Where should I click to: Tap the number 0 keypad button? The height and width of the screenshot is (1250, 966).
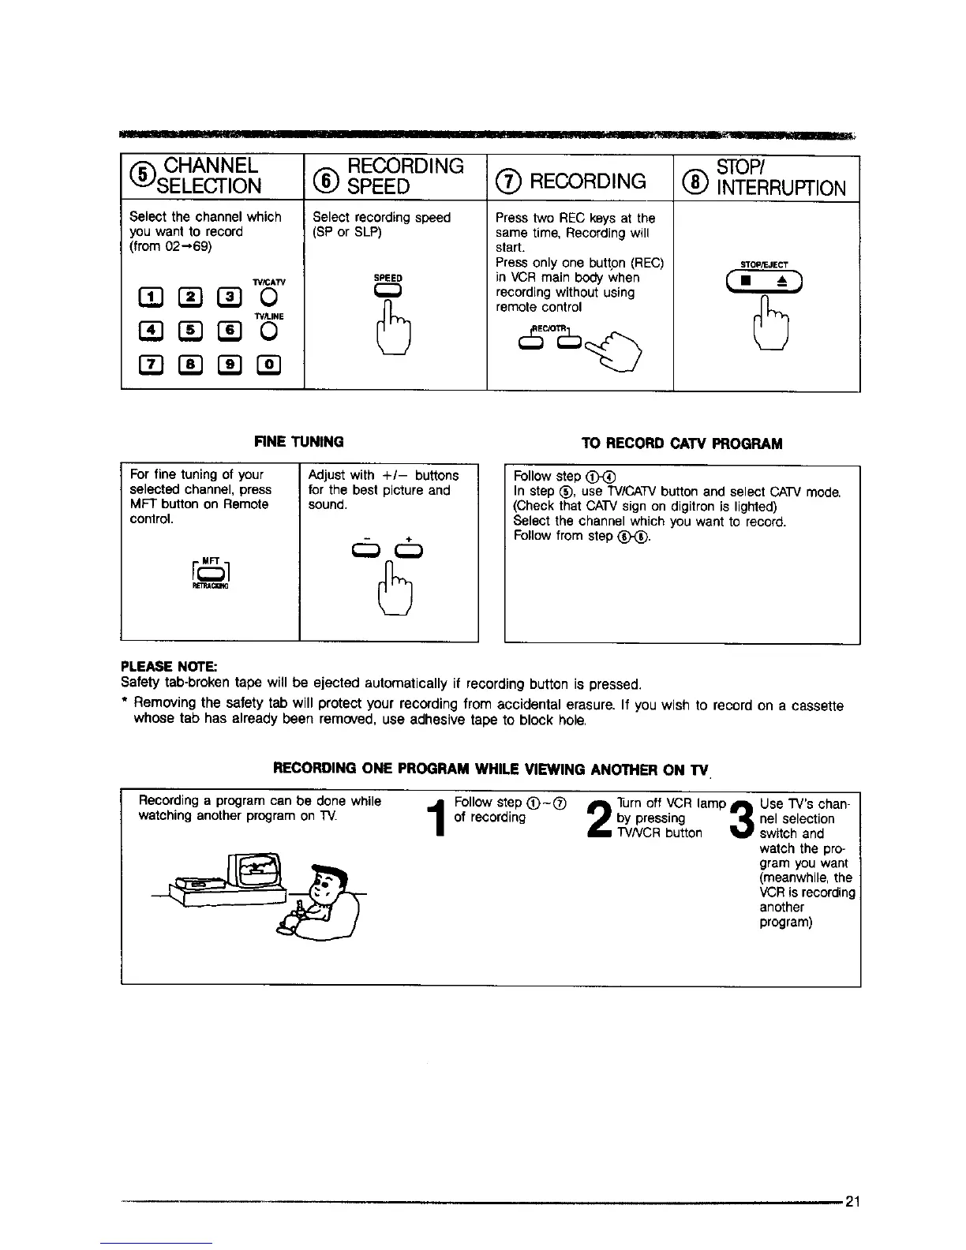point(269,364)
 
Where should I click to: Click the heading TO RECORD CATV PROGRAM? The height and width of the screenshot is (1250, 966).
point(681,443)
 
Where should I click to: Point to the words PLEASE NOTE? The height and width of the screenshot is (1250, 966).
point(159,668)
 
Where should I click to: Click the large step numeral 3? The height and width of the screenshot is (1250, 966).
point(743,819)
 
